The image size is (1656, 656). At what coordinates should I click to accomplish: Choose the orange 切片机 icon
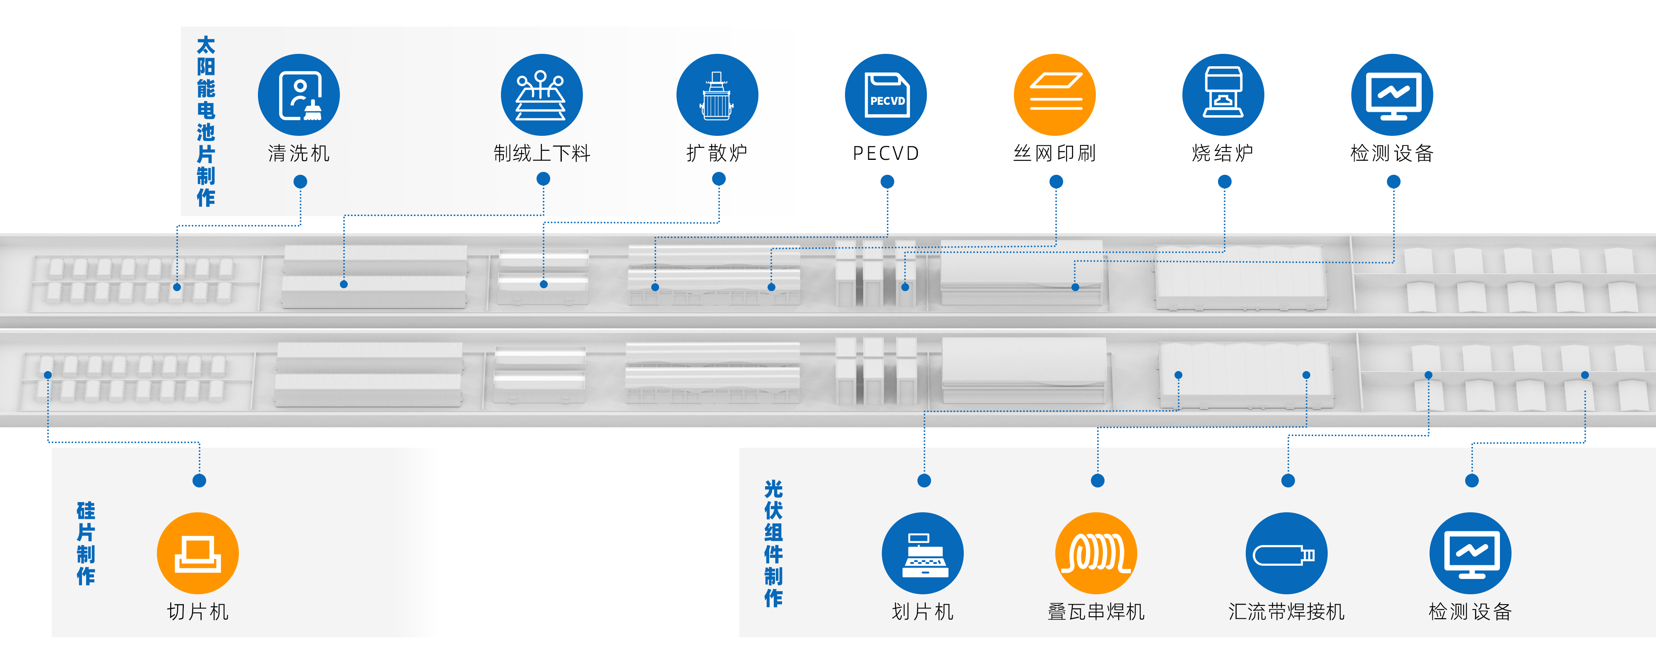[198, 553]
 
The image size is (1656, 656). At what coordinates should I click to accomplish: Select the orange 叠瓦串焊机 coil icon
[1096, 553]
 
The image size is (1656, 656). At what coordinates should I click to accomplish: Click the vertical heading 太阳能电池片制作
[206, 121]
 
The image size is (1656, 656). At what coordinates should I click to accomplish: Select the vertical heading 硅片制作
[86, 543]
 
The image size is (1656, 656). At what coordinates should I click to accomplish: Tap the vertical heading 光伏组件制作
[773, 543]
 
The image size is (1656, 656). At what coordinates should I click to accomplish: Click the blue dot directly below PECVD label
[887, 182]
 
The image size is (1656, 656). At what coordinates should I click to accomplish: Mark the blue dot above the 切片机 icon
[199, 480]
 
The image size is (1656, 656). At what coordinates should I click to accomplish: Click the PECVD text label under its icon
[886, 153]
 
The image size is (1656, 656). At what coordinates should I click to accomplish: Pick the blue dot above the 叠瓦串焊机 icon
[1098, 480]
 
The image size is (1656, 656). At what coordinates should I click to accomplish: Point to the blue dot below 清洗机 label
[300, 182]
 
